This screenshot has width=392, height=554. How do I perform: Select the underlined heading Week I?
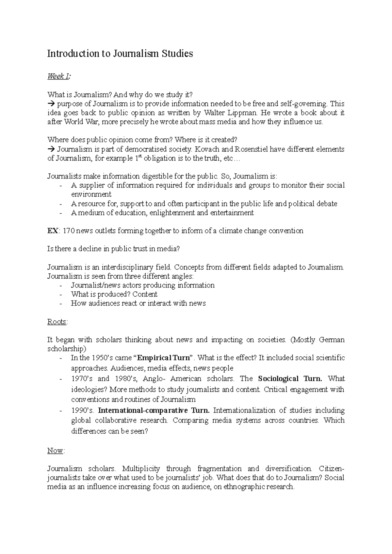(x=58, y=77)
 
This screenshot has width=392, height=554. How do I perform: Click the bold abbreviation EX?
(x=52, y=231)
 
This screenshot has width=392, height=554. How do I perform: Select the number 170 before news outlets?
(x=69, y=231)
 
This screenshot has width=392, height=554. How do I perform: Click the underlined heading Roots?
(x=57, y=322)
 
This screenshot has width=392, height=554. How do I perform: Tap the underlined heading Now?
(x=55, y=451)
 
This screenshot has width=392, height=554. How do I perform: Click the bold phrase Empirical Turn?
(x=164, y=358)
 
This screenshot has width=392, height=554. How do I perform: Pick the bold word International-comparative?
(x=143, y=410)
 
